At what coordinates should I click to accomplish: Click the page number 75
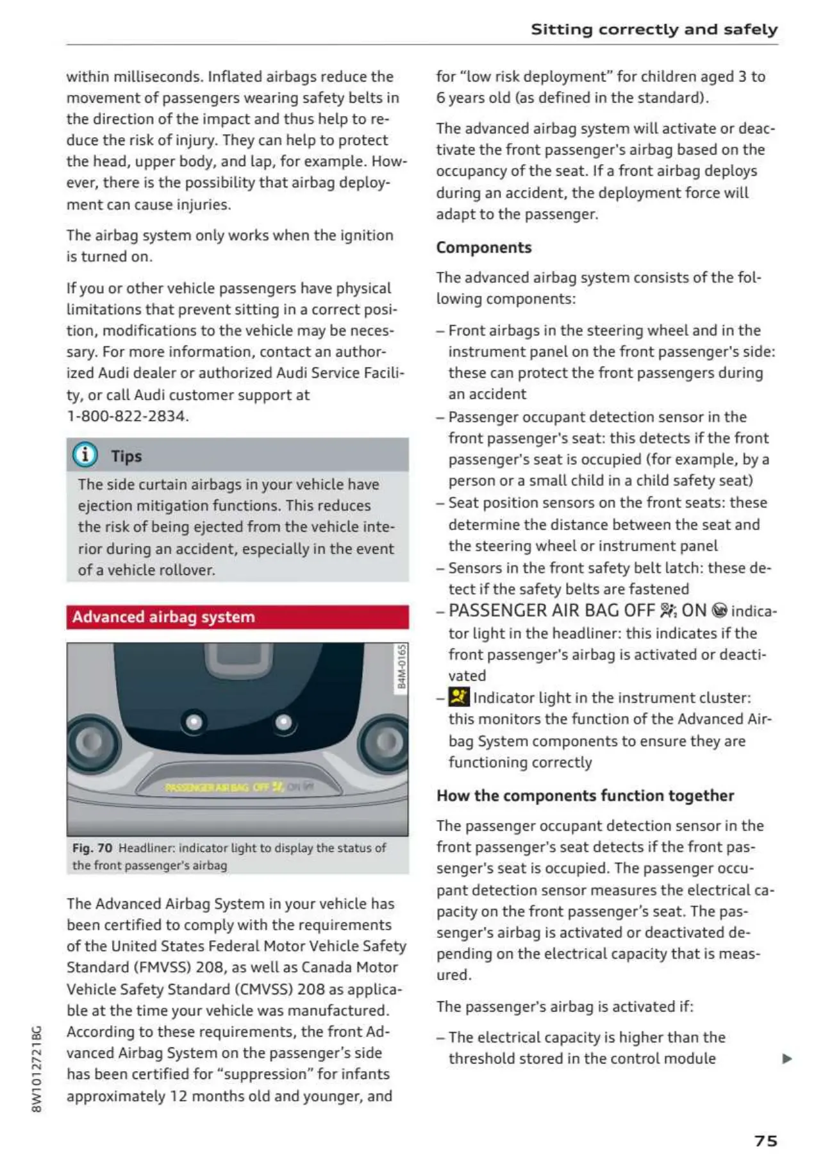(765, 1140)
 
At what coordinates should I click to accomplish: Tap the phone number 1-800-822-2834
(128, 416)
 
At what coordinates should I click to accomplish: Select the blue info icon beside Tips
(85, 455)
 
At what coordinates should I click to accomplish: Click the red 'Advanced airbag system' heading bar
(237, 617)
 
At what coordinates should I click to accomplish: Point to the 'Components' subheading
(484, 247)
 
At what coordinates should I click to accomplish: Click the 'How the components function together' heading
(585, 796)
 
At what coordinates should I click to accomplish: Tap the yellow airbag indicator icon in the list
(459, 697)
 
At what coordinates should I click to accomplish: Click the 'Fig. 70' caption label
(92, 848)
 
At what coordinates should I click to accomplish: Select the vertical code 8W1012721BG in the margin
(37, 1069)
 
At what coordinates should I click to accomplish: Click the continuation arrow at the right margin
(787, 1058)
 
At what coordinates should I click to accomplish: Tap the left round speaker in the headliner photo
(94, 742)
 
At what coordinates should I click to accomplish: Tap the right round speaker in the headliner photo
(385, 742)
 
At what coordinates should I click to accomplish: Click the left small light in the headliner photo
(194, 722)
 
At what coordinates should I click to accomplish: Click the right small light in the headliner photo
(283, 722)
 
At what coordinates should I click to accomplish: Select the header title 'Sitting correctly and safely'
(654, 29)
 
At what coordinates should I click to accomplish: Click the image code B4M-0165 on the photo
(402, 667)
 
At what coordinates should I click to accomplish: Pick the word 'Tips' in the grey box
(126, 456)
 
